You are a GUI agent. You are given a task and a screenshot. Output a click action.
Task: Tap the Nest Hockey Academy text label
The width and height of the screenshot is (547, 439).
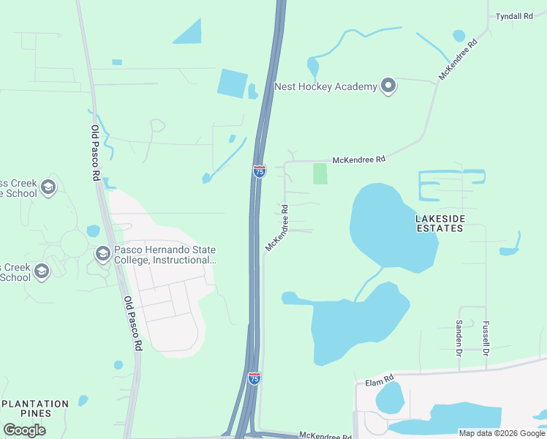coord(325,86)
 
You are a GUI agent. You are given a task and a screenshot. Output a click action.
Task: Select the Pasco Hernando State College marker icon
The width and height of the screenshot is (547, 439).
coord(102,254)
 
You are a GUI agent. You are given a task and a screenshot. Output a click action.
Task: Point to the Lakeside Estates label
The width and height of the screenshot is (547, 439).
coord(439,223)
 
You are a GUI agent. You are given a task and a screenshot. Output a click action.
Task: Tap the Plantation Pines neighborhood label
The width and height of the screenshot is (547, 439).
coord(35,408)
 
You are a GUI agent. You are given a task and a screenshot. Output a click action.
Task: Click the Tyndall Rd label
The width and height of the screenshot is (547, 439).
coord(513,15)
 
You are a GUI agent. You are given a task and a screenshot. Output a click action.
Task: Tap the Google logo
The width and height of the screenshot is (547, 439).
coord(24,430)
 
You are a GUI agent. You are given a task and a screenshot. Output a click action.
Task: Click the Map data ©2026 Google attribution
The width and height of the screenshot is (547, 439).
coord(502,432)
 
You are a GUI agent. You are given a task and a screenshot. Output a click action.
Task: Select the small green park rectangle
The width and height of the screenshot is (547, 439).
coord(320,173)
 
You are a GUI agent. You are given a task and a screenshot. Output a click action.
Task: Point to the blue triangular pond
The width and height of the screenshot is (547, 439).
coord(189,33)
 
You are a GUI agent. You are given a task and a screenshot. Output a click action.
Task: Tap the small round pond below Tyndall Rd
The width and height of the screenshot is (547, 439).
coord(459,35)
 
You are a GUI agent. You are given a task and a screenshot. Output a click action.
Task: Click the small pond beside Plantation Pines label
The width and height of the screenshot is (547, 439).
coord(83,400)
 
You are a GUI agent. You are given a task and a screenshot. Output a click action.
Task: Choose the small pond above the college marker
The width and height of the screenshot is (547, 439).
coord(93,231)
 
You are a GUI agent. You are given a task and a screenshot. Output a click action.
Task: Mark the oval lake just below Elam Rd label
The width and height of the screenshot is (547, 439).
coord(389,398)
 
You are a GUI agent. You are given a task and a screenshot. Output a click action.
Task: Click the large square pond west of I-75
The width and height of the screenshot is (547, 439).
coord(233,83)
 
